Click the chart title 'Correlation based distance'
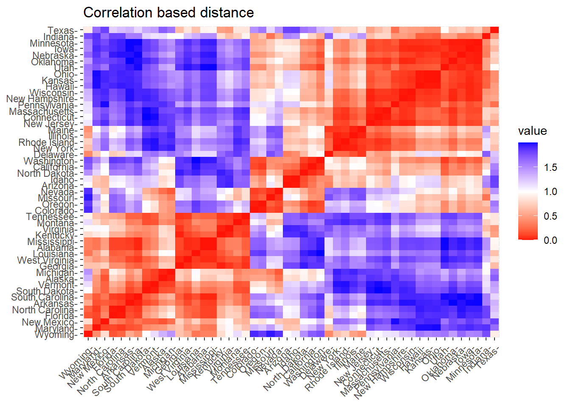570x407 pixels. tap(168, 13)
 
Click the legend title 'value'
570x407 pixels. tap(532, 131)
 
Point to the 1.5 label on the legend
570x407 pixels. tap(550, 167)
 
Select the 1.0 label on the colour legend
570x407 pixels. tap(550, 192)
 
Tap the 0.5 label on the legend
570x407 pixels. tap(550, 216)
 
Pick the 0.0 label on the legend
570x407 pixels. tap(550, 240)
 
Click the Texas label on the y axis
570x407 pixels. tap(61, 31)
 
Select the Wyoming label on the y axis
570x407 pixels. tap(55, 335)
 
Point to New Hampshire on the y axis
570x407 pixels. tap(40, 99)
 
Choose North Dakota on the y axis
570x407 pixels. tap(46, 173)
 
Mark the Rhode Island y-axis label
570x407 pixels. tap(46, 142)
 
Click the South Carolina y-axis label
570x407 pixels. tap(42, 298)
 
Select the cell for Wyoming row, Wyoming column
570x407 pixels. tap(88, 334)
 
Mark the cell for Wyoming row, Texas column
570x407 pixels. tap(495, 334)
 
